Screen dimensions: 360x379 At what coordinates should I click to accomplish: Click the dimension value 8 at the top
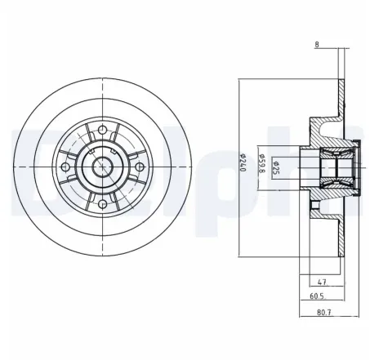click(x=316, y=45)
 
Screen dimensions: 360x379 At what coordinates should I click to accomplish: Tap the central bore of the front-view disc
click(x=102, y=165)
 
